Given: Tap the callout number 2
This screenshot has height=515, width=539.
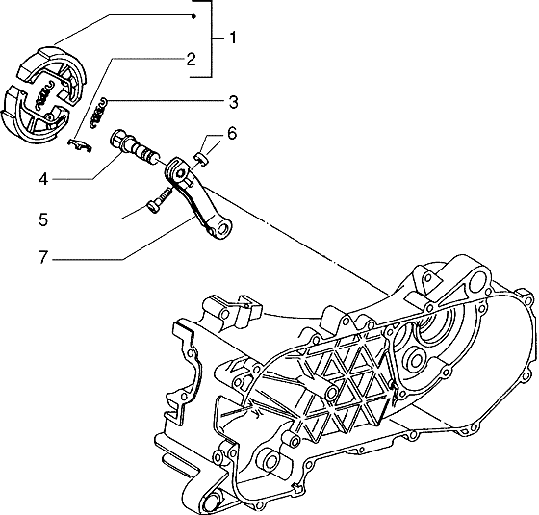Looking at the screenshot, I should pyautogui.click(x=192, y=59).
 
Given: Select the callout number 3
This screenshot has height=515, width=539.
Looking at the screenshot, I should pyautogui.click(x=233, y=101).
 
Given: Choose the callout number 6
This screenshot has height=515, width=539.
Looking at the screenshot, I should pyautogui.click(x=231, y=133).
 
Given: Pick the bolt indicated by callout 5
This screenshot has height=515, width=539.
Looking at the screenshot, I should pyautogui.click(x=159, y=199).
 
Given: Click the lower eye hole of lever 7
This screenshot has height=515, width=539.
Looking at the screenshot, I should pyautogui.click(x=225, y=231).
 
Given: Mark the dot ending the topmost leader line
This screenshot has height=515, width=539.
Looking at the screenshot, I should pyautogui.click(x=194, y=17).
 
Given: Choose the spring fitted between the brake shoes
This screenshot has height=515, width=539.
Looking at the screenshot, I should pyautogui.click(x=41, y=97).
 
